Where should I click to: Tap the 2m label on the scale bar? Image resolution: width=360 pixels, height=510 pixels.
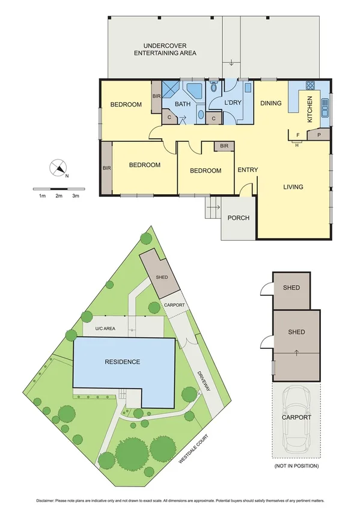(x=59, y=196)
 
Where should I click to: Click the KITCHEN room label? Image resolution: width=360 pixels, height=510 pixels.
(x=310, y=109)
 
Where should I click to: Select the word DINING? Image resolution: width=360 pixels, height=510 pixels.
(x=271, y=103)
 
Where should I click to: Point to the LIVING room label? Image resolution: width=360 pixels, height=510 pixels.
(x=293, y=187)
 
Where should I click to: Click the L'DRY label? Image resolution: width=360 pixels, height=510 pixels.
(x=233, y=103)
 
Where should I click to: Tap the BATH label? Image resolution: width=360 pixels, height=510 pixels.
(x=183, y=104)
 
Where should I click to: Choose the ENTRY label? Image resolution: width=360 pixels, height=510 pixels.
(x=248, y=170)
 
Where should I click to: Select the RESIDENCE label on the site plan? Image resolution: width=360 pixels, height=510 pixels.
(x=123, y=362)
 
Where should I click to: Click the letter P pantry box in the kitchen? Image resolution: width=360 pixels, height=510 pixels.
(x=319, y=135)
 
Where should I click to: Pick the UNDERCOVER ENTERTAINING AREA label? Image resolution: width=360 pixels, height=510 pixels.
(x=165, y=49)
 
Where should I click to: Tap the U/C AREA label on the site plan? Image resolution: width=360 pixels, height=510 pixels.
(x=105, y=329)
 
